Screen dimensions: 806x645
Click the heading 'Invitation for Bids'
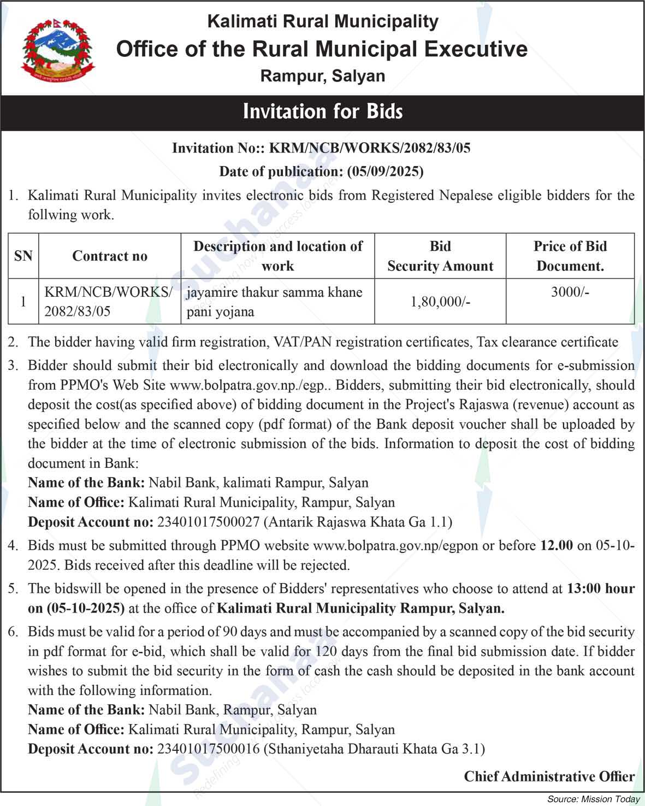tap(322, 112)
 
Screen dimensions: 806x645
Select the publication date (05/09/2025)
tap(385, 172)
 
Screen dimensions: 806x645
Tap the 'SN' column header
tap(23, 256)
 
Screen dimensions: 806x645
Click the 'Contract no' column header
tap(110, 256)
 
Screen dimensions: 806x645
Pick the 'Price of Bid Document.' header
tap(570, 256)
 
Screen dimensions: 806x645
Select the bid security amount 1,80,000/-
tap(440, 302)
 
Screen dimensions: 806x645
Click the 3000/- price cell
tap(570, 292)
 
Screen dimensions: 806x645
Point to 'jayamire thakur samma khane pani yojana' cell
tap(275, 302)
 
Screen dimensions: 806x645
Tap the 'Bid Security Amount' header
tap(440, 256)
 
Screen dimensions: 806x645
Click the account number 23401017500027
tap(208, 522)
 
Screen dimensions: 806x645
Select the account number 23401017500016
tap(208, 749)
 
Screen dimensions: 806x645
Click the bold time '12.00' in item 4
tap(557, 545)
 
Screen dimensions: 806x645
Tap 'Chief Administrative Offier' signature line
tap(549, 776)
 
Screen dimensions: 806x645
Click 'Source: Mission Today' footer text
tap(593, 799)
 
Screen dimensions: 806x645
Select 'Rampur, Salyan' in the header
tap(322, 76)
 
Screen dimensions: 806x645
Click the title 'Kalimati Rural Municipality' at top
tap(322, 22)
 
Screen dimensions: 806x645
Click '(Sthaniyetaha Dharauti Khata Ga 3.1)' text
tap(374, 749)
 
